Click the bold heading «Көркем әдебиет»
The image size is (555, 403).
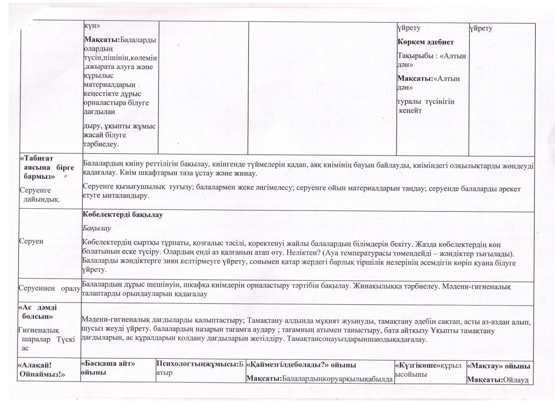[x=425, y=42]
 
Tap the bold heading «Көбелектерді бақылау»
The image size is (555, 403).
[x=123, y=215]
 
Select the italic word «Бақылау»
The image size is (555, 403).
[x=97, y=228]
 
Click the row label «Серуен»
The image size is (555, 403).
[x=31, y=241]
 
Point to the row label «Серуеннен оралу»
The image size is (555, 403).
[x=49, y=288]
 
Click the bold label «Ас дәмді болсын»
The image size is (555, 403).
[x=38, y=312]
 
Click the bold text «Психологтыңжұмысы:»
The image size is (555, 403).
[x=198, y=364]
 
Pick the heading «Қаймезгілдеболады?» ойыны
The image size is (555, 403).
[x=301, y=365]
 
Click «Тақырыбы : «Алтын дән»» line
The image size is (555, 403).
[x=432, y=60]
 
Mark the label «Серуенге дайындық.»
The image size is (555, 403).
[x=40, y=195]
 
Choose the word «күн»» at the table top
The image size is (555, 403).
[x=91, y=26]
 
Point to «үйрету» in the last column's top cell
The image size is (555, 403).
[x=481, y=28]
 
